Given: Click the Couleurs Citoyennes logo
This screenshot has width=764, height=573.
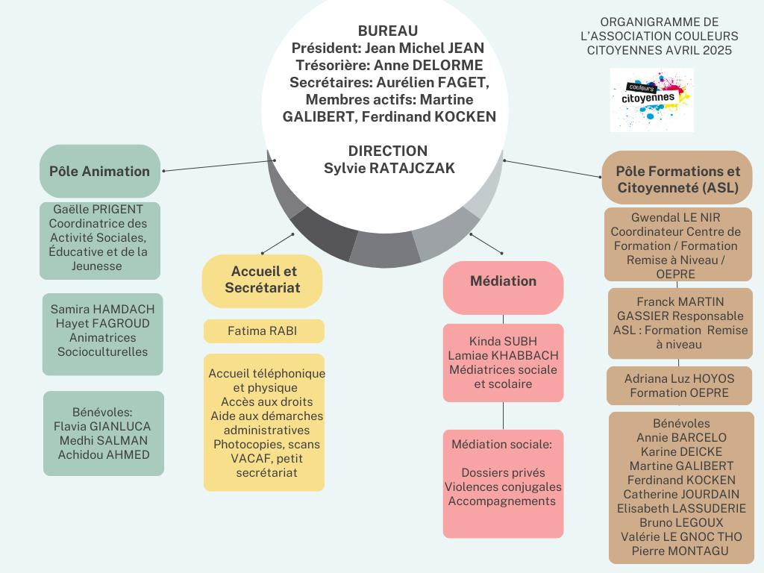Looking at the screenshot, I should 651,99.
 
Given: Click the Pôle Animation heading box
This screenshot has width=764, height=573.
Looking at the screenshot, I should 99,171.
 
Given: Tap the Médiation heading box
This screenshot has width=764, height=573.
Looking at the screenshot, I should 503,281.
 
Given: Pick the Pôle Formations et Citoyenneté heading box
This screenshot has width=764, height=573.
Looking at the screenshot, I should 677,180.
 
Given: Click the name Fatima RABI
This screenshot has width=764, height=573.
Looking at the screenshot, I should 263,331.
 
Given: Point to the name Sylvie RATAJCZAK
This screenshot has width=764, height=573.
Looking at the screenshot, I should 389,168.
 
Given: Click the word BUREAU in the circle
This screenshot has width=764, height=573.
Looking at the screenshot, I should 388,31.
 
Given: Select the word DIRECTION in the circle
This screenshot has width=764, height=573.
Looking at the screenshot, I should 388,151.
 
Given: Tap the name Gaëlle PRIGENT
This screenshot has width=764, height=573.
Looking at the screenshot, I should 98,209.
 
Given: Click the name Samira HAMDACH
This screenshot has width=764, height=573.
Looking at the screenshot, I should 102,309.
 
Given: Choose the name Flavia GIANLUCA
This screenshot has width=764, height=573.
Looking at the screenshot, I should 103,426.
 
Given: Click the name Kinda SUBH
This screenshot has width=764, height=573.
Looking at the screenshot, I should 503,341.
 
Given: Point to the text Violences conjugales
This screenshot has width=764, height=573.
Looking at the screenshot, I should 503,487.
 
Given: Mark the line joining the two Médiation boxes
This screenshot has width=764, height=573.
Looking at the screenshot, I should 504,416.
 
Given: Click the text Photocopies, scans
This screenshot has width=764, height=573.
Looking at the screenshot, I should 265,444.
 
